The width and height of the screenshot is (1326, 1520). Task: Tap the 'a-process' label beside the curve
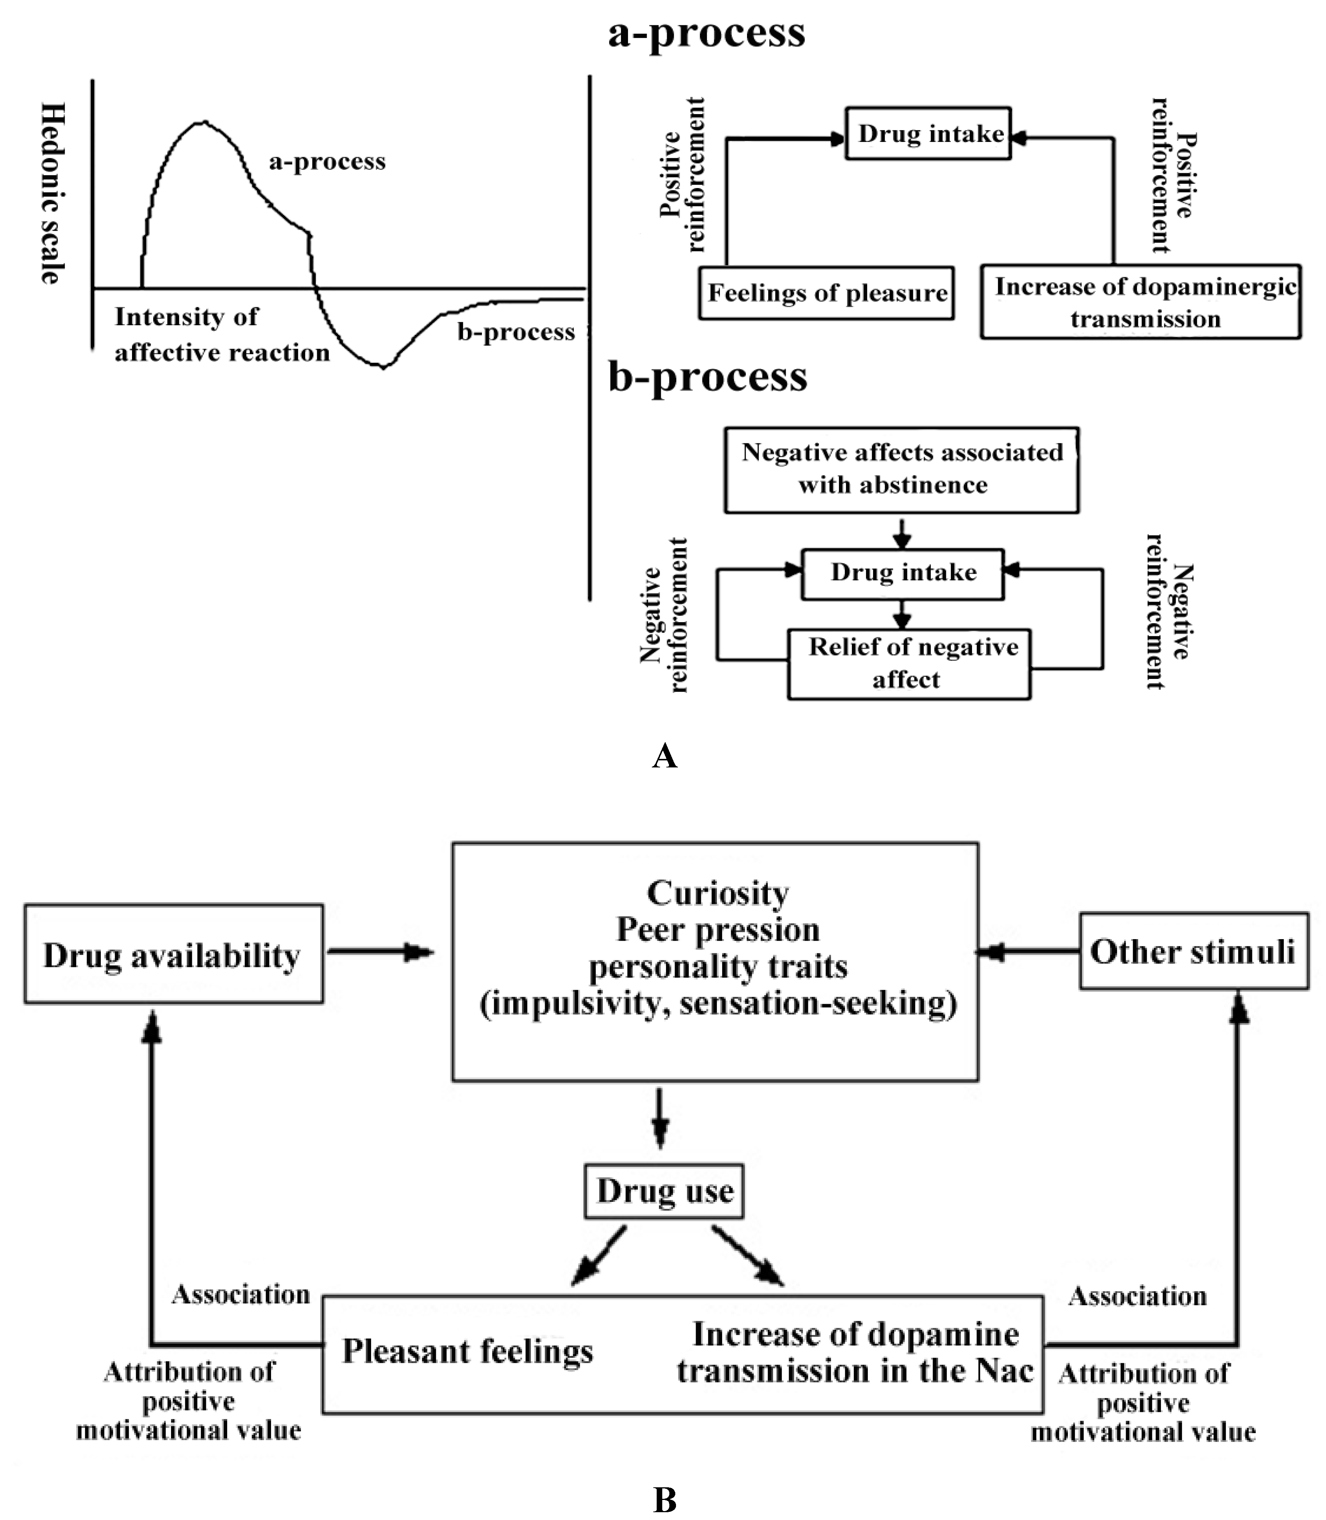(x=327, y=161)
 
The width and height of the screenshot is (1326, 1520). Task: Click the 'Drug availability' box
(x=173, y=954)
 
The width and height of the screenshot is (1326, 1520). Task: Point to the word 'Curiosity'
(x=718, y=893)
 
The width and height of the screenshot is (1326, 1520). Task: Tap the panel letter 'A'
(x=664, y=756)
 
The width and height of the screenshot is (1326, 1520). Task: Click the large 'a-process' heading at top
(x=707, y=33)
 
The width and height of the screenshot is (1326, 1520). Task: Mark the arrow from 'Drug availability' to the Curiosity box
(x=380, y=952)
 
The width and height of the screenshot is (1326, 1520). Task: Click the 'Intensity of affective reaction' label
(x=221, y=334)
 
